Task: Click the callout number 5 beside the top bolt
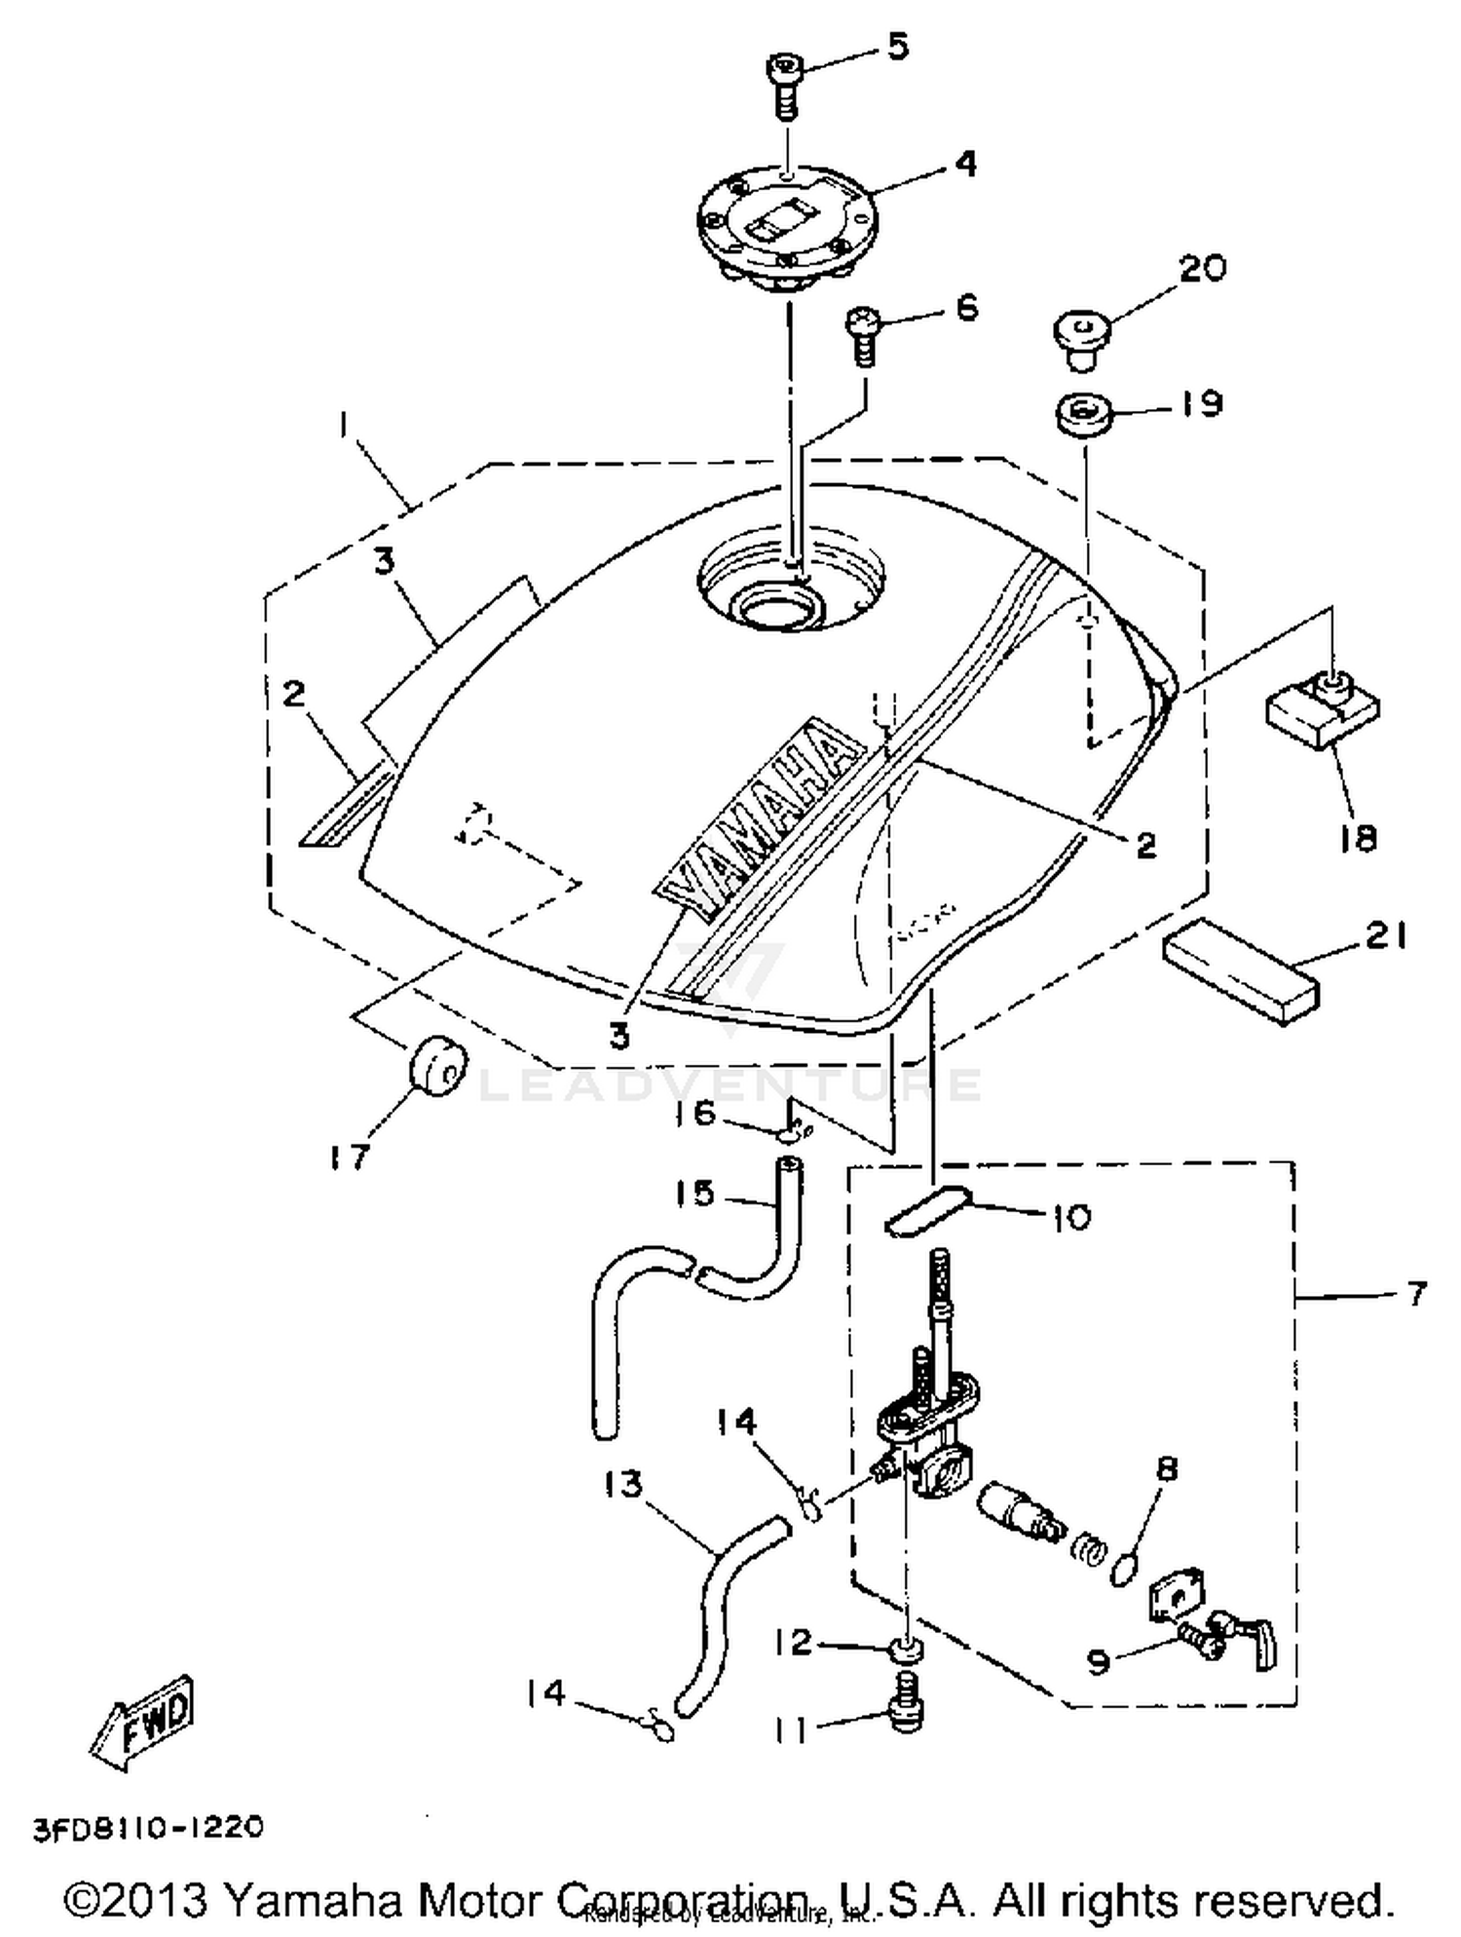(897, 45)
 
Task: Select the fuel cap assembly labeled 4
(787, 225)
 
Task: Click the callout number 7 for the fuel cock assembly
(1415, 1294)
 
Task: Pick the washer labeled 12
(908, 1649)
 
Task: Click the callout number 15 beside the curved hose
(694, 1193)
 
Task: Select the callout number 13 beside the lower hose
(623, 1485)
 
